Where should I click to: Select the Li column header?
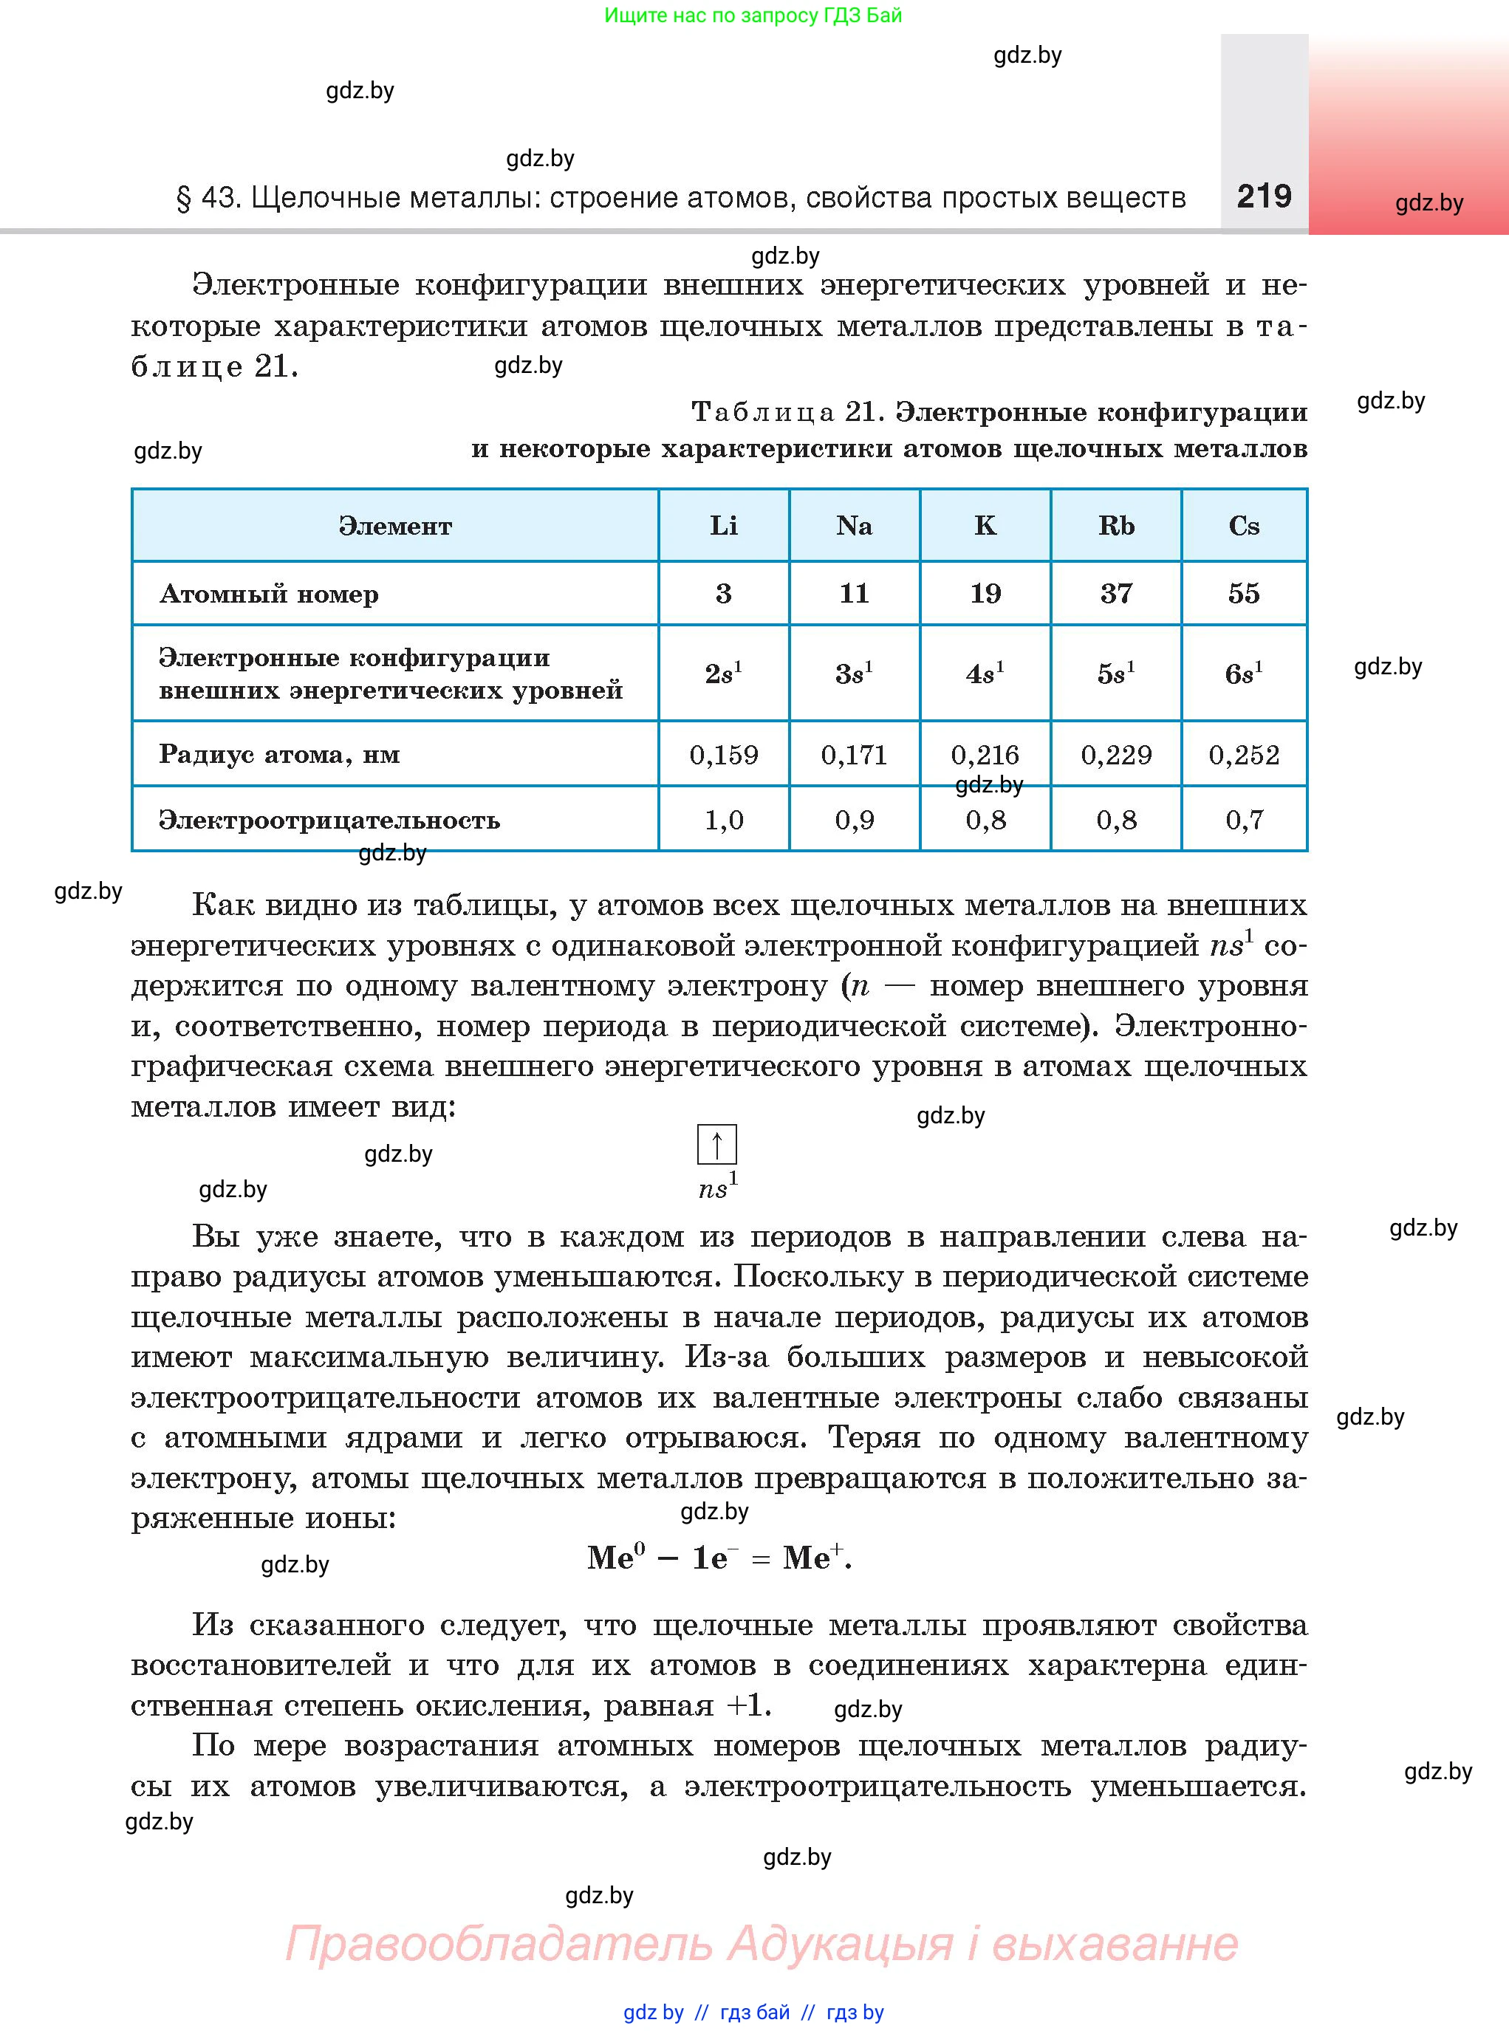coord(723,526)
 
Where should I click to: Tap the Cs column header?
coord(1243,526)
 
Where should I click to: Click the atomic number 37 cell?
coord(1115,594)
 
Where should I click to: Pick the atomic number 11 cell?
coord(854,594)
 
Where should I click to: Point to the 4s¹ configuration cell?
coord(985,673)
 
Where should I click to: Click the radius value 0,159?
coord(723,754)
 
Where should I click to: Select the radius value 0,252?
coord(1243,754)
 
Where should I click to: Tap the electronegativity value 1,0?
coord(723,820)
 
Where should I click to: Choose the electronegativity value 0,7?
coord(1243,820)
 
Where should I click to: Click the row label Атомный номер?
coord(269,595)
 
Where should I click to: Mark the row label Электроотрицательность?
coord(329,820)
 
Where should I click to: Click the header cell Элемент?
coord(394,526)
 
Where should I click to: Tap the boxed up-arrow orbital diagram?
coord(717,1144)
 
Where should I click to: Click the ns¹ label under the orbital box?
coord(717,1187)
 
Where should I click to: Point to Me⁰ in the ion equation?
coord(616,1557)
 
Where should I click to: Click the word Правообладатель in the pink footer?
coord(498,1943)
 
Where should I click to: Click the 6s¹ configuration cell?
coord(1243,673)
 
